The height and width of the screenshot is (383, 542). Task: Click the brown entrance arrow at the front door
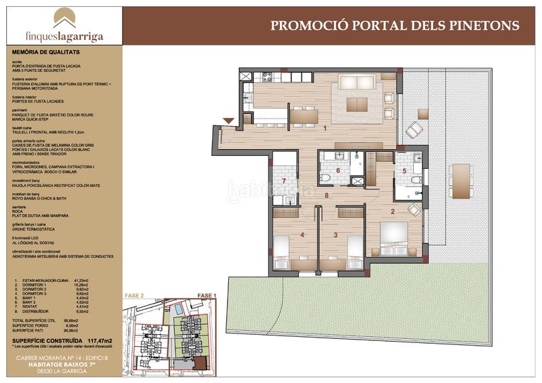[229, 121]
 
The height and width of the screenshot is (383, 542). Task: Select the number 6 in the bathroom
[337, 170]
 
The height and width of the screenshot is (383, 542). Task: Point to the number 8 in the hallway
[327, 196]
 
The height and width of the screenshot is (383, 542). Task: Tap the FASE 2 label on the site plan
[135, 296]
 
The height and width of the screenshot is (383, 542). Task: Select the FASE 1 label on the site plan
[205, 296]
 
